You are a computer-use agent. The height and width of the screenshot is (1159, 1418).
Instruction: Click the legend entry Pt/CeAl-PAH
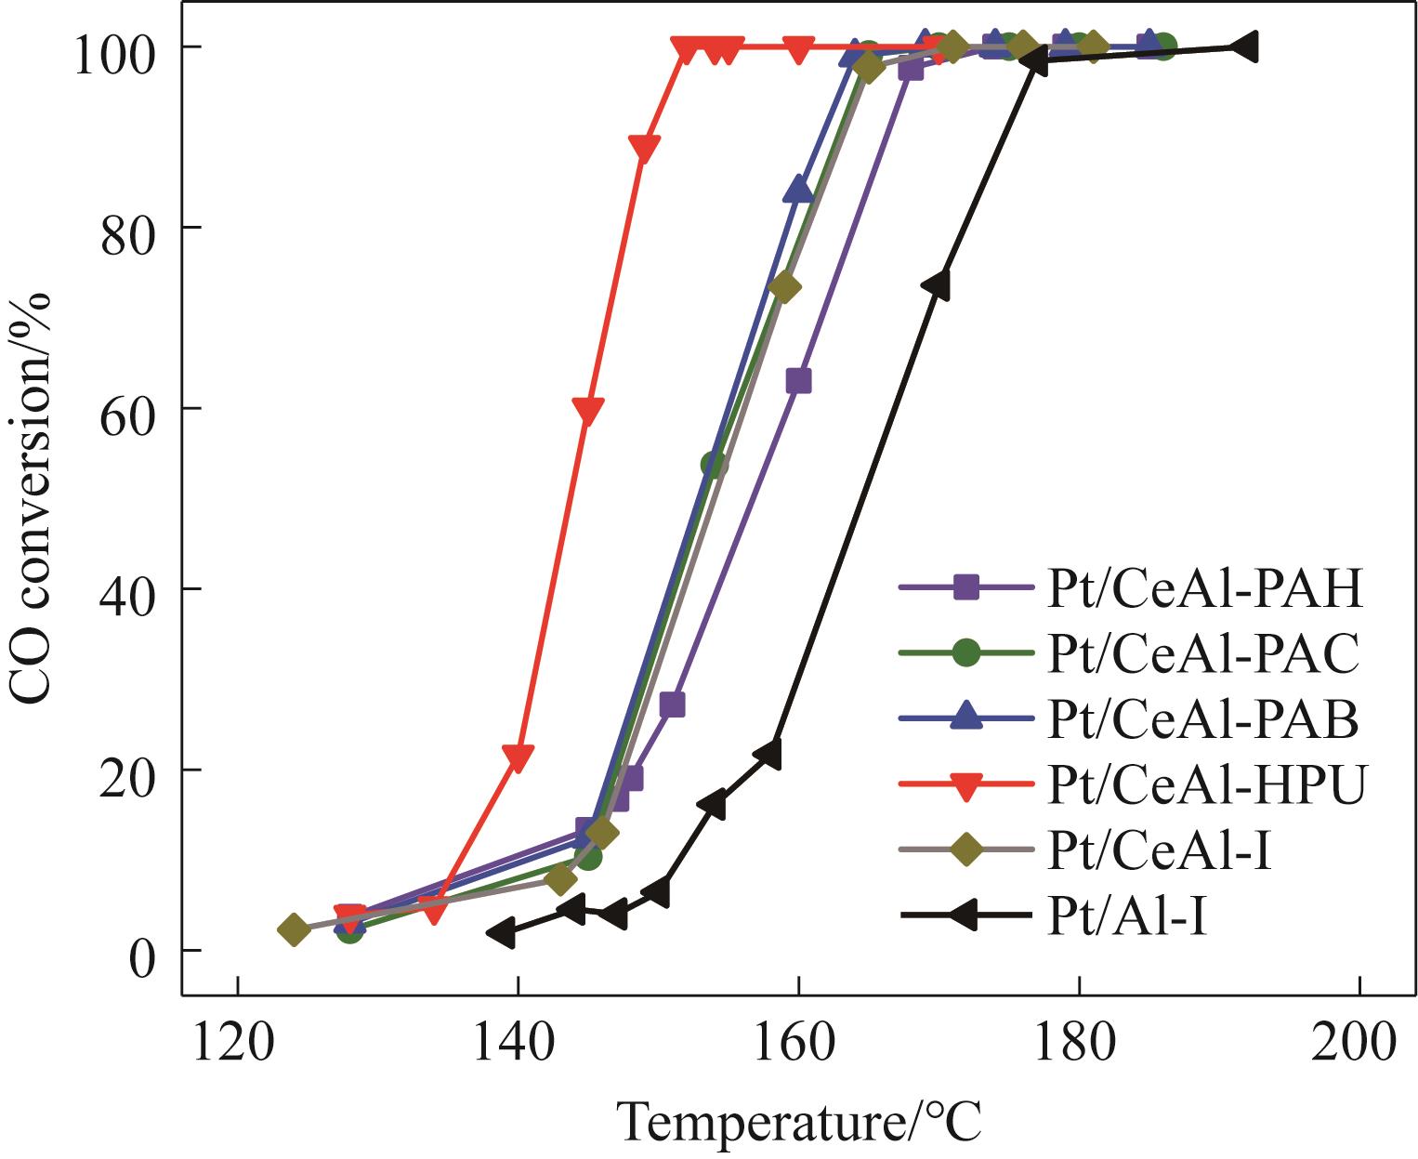[1205, 588]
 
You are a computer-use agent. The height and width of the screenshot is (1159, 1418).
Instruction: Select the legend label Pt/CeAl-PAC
[1203, 654]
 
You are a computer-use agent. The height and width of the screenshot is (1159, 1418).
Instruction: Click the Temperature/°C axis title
[798, 1122]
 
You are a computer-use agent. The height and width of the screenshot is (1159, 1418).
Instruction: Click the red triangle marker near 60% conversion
[587, 411]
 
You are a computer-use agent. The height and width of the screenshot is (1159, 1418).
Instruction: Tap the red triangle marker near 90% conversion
[644, 148]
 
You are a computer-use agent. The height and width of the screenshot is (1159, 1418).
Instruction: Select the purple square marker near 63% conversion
[798, 381]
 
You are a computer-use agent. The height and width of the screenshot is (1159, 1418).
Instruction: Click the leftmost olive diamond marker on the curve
[294, 929]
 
